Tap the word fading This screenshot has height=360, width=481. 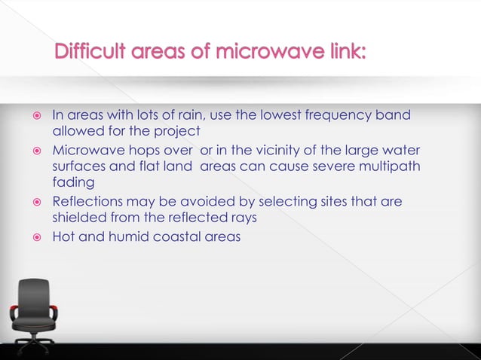click(70, 182)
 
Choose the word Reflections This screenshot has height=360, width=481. click(84, 202)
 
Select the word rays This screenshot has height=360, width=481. click(258, 218)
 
